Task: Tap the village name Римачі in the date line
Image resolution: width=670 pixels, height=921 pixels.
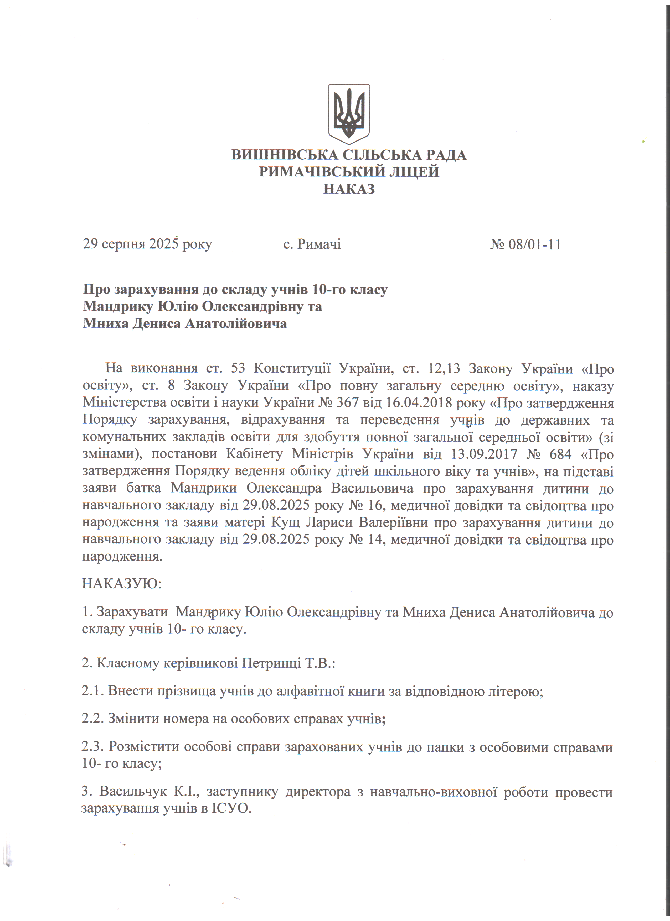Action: (x=319, y=244)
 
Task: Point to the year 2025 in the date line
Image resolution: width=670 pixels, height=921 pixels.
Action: (x=164, y=244)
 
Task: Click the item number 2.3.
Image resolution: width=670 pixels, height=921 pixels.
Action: (x=93, y=747)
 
